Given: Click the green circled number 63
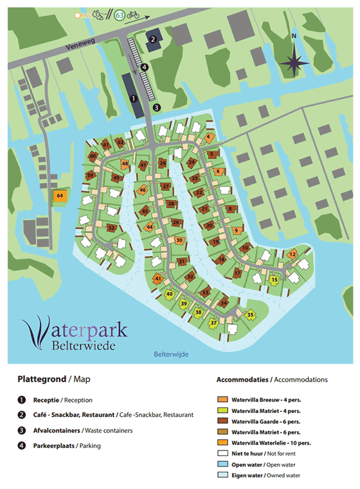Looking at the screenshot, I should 119,15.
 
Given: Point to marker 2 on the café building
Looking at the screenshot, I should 153,39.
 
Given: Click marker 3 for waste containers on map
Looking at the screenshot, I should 156,107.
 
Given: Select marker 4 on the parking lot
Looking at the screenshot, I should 145,66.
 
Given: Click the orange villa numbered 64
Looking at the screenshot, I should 60,195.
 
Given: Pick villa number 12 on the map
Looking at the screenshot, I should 292,255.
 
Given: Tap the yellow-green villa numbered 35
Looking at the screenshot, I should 250,315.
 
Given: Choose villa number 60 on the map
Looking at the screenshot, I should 93,156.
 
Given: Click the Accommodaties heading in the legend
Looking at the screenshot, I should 243,380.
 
